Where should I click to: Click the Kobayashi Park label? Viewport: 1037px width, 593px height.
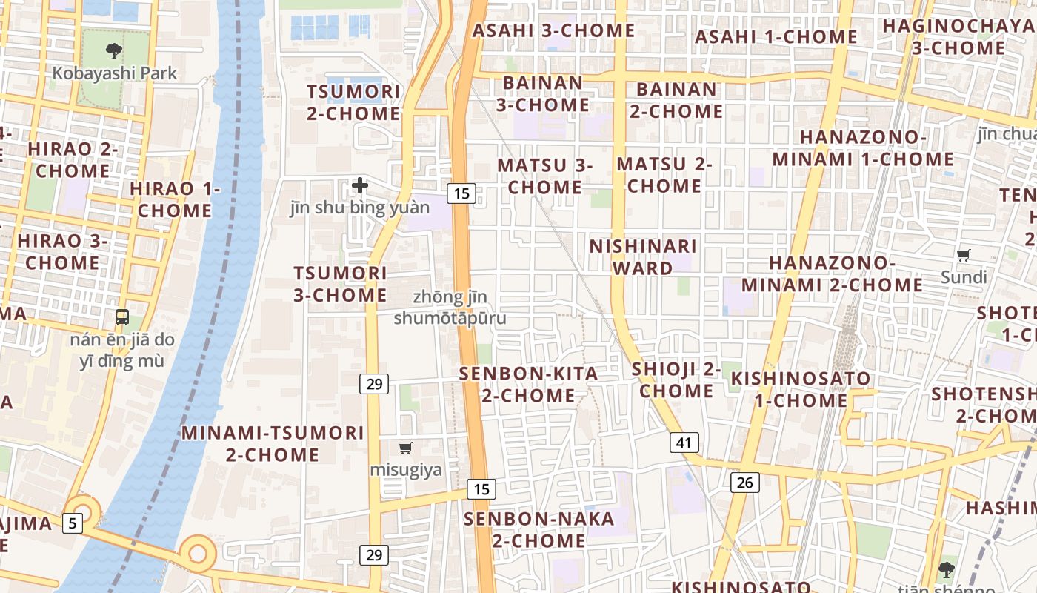tap(115, 73)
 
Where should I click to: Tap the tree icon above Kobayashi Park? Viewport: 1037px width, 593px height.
tap(114, 50)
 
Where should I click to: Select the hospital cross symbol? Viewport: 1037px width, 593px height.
tap(360, 185)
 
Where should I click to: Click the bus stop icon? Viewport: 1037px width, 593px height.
tap(122, 317)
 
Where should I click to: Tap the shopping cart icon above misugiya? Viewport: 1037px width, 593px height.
tap(405, 448)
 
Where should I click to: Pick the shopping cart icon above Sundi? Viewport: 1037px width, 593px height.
tap(964, 256)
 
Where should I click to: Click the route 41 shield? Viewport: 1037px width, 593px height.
tap(684, 443)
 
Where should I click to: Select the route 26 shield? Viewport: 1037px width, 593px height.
tap(744, 483)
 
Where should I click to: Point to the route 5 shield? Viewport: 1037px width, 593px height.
tap(72, 523)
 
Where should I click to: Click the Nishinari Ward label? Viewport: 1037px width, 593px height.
tap(643, 256)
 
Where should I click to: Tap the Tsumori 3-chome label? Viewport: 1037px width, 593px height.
tap(340, 284)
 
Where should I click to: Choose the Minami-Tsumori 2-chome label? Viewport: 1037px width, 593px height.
tap(273, 443)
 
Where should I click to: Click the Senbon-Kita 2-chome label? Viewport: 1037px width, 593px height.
tap(528, 384)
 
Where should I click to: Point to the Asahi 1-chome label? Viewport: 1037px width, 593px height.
tap(776, 36)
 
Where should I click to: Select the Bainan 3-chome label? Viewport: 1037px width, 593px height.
tap(543, 93)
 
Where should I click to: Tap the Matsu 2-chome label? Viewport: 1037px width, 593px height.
tap(664, 174)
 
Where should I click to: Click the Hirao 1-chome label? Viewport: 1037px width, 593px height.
tap(175, 199)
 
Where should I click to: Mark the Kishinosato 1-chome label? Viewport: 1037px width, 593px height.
tap(801, 389)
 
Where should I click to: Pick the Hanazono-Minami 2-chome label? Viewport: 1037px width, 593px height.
tap(832, 274)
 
